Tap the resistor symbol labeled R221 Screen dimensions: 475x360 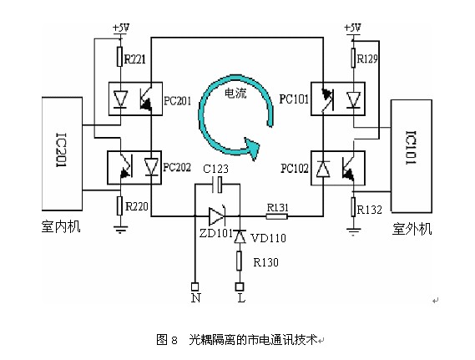pyautogui.click(x=120, y=57)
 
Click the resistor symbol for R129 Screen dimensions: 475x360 pyautogui.click(x=353, y=58)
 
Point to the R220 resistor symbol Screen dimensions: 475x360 pyautogui.click(x=120, y=205)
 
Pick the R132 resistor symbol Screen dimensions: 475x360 pyautogui.click(x=353, y=207)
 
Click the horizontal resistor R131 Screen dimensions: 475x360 pyautogui.click(x=277, y=216)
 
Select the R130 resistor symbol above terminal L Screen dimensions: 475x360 pyautogui.click(x=240, y=261)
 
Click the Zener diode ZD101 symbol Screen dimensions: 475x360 pyautogui.click(x=217, y=216)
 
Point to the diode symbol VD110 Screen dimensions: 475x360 pyautogui.click(x=240, y=237)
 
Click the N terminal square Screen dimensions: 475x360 pyautogui.click(x=195, y=286)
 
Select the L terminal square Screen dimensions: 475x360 pyautogui.click(x=240, y=286)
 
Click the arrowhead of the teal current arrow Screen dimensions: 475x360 pyautogui.click(x=252, y=148)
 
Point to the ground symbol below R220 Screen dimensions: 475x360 pyautogui.click(x=120, y=229)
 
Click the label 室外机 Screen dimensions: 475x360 pyautogui.click(x=412, y=229)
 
